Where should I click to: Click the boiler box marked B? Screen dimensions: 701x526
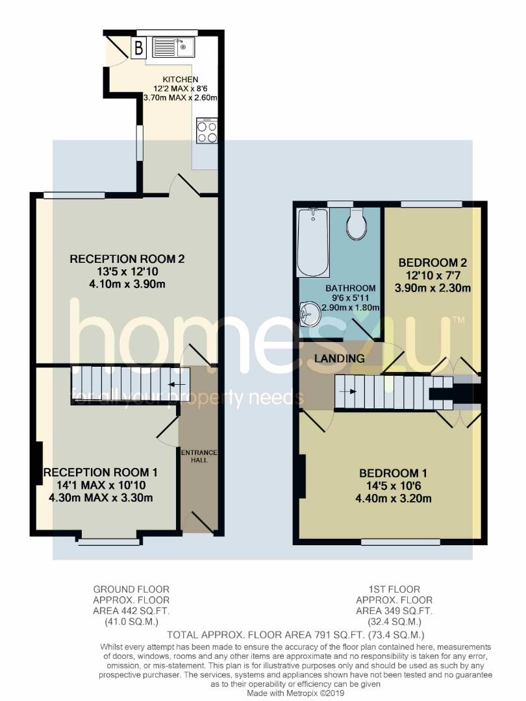pos(138,47)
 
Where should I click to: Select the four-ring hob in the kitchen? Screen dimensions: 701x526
pos(207,132)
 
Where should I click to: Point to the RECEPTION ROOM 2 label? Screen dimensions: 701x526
pos(127,259)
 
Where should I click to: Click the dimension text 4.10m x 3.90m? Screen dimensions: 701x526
pos(127,284)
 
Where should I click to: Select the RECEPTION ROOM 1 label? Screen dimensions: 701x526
pos(100,473)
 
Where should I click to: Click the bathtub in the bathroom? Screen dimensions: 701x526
pos(312,241)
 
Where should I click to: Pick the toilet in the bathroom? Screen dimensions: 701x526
pos(356,224)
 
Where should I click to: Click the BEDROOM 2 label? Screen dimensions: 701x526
pos(432,263)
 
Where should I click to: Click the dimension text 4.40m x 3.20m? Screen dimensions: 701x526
pos(390,498)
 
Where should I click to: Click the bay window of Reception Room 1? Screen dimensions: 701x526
pos(108,539)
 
